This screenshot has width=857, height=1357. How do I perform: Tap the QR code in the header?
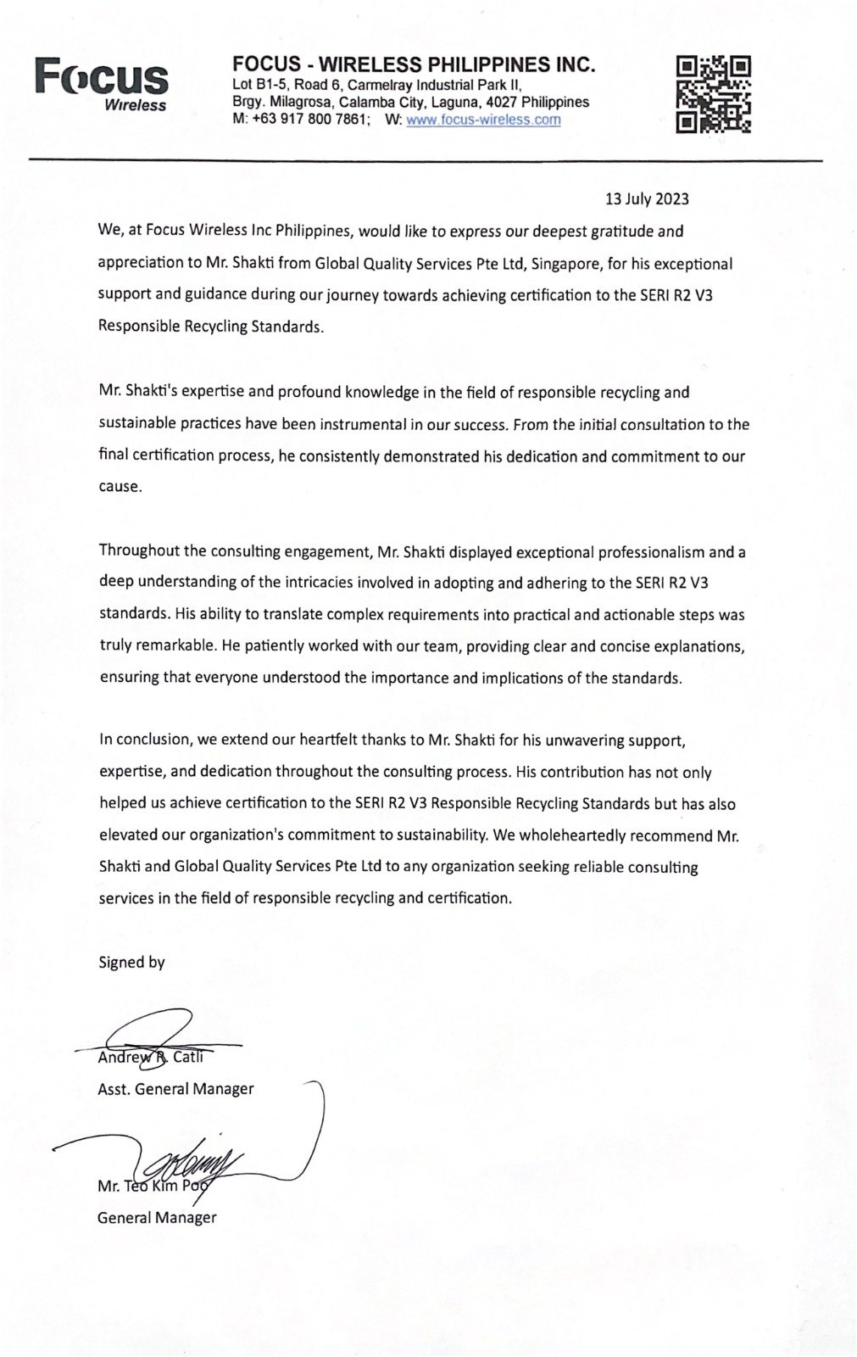pyautogui.click(x=714, y=94)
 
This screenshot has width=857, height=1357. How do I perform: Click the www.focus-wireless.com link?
pyautogui.click(x=483, y=120)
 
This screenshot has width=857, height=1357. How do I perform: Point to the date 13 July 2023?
pyautogui.click(x=647, y=199)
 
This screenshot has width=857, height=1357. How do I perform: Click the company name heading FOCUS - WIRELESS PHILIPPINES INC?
pyautogui.click(x=414, y=64)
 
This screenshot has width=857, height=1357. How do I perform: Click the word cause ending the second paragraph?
pyautogui.click(x=119, y=487)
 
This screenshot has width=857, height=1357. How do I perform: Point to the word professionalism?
pyautogui.click(x=645, y=552)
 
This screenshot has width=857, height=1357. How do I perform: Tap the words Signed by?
pyautogui.click(x=131, y=962)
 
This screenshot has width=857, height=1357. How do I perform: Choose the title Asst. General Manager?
pyautogui.click(x=175, y=1088)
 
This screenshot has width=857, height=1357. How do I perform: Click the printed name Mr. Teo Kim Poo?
pyautogui.click(x=153, y=1186)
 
